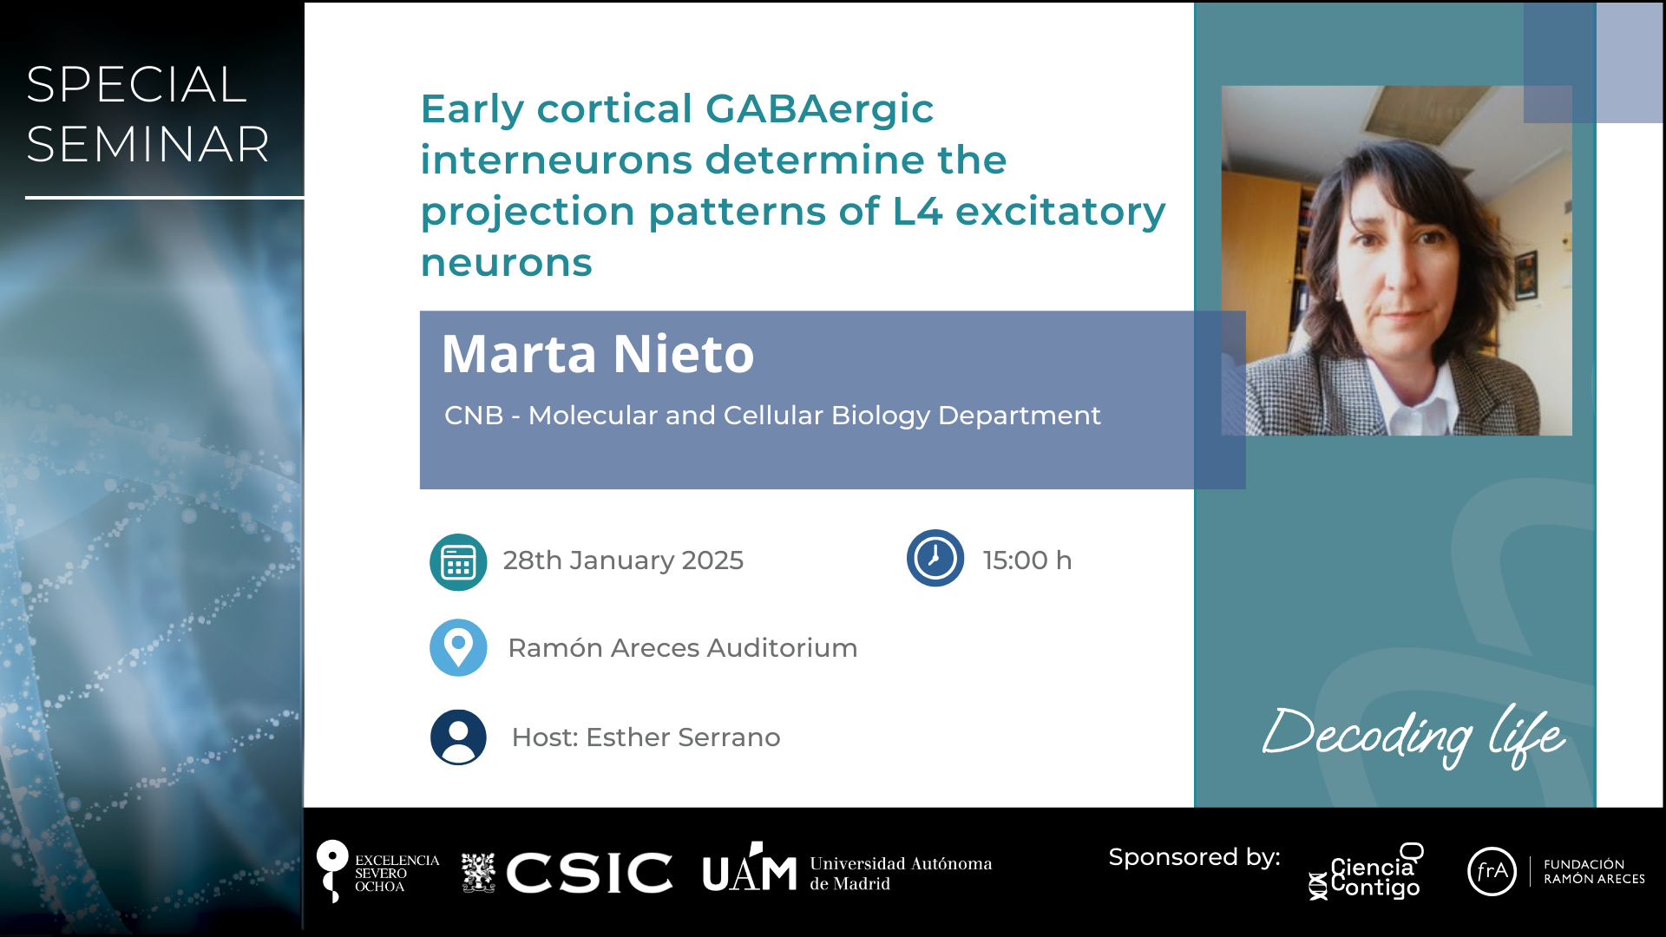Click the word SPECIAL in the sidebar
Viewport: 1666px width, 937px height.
point(136,85)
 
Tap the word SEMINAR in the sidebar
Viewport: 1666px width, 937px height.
point(148,144)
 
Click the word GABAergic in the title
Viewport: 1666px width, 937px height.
point(819,110)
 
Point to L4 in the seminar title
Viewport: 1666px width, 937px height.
point(917,211)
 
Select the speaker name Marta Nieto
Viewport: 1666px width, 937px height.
point(598,354)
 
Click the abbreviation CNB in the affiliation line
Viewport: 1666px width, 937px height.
point(474,416)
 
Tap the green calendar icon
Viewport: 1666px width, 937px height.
point(458,562)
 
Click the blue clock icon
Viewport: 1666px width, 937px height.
point(935,558)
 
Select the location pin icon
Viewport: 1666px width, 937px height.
point(458,647)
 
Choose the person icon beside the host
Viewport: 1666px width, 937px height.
point(458,737)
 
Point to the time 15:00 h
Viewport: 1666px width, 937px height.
point(1027,560)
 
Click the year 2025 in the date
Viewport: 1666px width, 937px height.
point(712,560)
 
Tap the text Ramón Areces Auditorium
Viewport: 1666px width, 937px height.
point(683,648)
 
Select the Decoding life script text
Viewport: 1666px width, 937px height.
point(1413,736)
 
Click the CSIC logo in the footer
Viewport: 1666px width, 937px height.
point(567,872)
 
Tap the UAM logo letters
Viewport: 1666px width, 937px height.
point(750,868)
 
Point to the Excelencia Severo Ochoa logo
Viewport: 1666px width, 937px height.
point(377,871)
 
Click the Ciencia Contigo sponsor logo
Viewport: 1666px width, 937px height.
point(1366,872)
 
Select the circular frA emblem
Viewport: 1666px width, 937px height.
point(1492,871)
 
